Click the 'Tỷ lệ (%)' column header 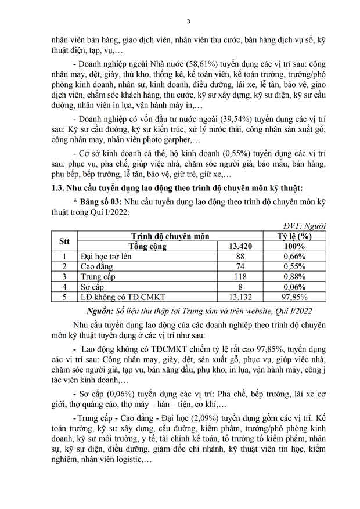[297, 236]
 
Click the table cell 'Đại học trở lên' [107, 257]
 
